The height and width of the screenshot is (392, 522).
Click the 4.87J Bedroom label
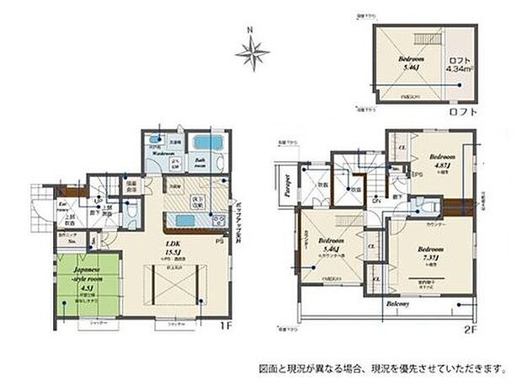coord(441,160)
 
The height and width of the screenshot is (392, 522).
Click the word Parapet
coord(287,185)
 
